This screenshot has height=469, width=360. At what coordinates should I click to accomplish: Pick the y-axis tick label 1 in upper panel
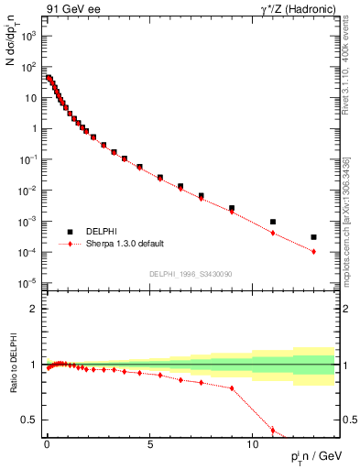[31, 128]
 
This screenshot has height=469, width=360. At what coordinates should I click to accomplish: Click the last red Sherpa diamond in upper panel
[313, 251]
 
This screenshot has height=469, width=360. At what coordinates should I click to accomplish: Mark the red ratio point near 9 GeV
[232, 387]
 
